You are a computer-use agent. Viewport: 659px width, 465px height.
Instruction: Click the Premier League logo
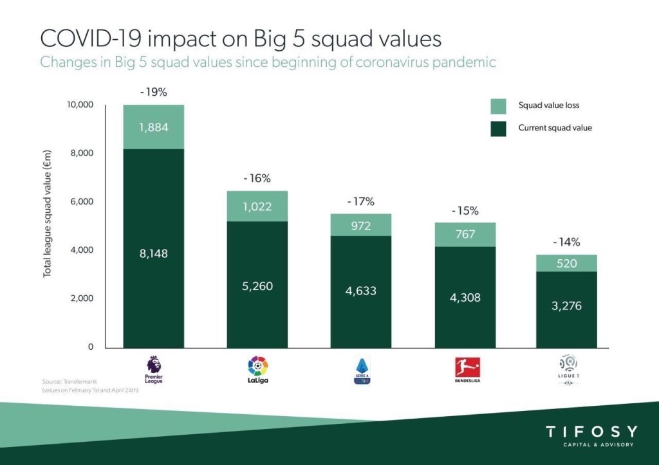(154, 369)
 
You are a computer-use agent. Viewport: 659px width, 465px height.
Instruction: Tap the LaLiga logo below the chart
(258, 370)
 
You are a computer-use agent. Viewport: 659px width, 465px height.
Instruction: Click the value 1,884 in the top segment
(154, 127)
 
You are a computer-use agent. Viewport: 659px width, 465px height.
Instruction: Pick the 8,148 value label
(154, 254)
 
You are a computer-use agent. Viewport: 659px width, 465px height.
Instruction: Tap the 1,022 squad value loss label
(258, 207)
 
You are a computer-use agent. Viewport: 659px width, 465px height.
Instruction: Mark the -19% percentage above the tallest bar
(154, 92)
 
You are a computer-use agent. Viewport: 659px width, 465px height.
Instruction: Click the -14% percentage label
(567, 242)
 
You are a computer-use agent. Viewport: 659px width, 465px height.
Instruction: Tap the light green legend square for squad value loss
(499, 105)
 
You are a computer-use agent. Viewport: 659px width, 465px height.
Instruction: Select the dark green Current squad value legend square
(499, 128)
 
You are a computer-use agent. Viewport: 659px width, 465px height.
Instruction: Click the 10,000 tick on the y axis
(80, 105)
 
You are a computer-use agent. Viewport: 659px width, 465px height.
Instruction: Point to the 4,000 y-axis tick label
(82, 250)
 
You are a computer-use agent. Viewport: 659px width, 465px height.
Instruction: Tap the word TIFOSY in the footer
(591, 432)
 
